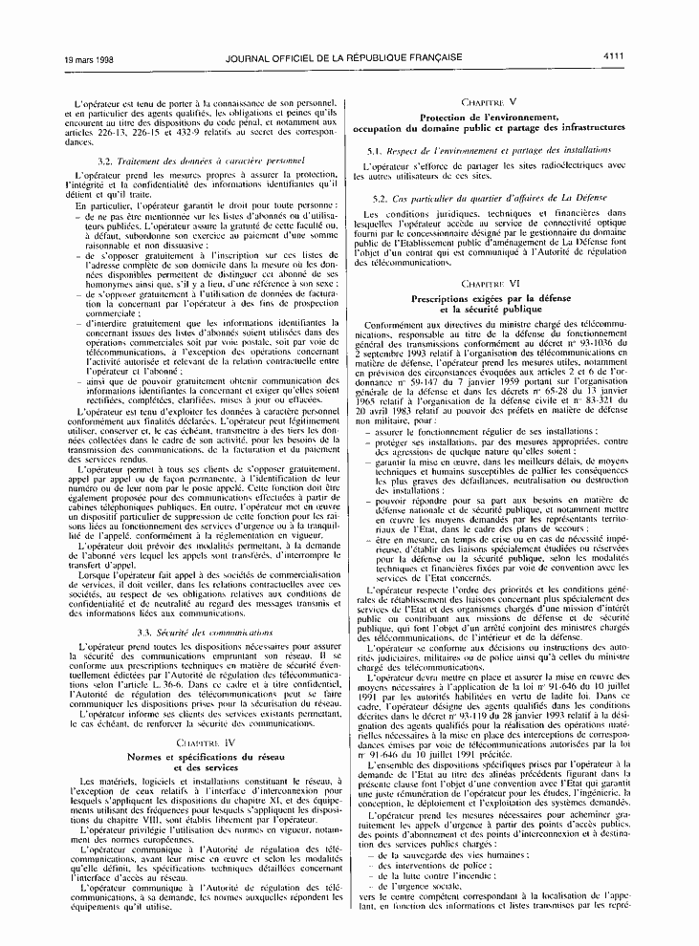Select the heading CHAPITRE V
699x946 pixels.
coord(489,100)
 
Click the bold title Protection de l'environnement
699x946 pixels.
coord(489,117)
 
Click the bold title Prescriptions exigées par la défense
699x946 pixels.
coord(489,300)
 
